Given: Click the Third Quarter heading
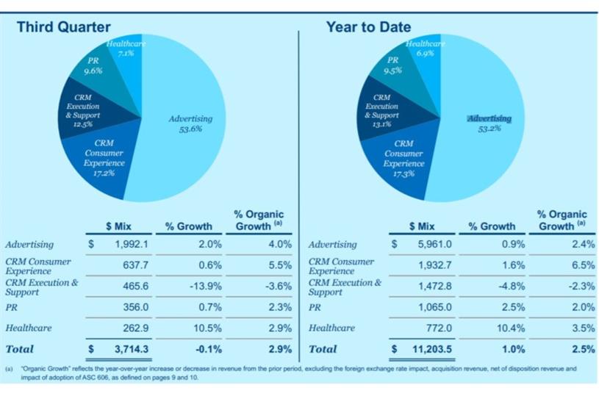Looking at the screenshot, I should (64, 27).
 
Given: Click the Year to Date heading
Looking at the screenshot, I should (368, 27).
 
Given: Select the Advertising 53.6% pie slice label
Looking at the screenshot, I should (190, 123).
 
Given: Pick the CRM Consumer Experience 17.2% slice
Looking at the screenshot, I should (104, 157).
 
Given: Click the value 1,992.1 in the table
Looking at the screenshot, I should (133, 244).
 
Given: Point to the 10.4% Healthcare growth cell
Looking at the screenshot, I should (512, 328).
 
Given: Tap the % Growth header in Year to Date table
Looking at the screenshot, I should (492, 226).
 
